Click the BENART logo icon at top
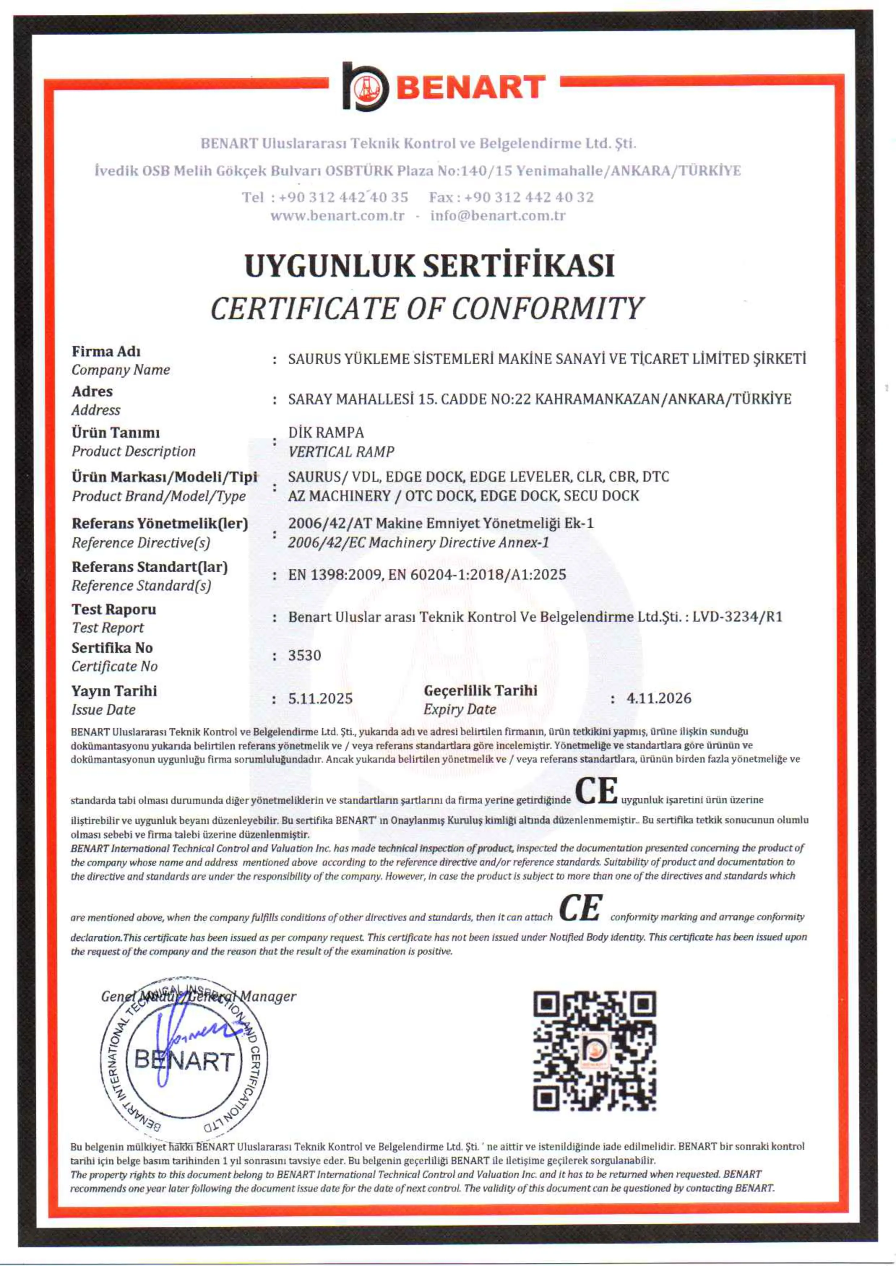365,87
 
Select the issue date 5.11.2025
320,699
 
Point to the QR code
594,1050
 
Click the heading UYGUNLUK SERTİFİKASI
429,266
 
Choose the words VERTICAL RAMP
341,452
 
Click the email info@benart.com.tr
497,216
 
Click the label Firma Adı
106,351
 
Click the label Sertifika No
112,647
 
